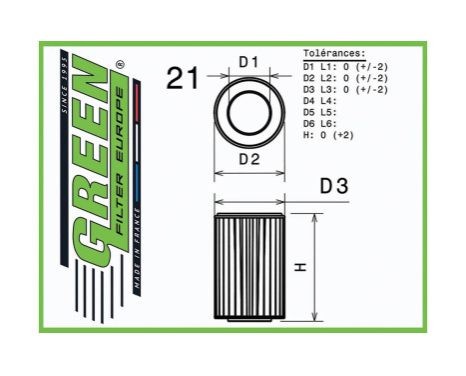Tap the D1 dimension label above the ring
pyautogui.click(x=248, y=62)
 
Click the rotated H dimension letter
pyautogui.click(x=300, y=268)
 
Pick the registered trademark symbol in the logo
pyautogui.click(x=120, y=68)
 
